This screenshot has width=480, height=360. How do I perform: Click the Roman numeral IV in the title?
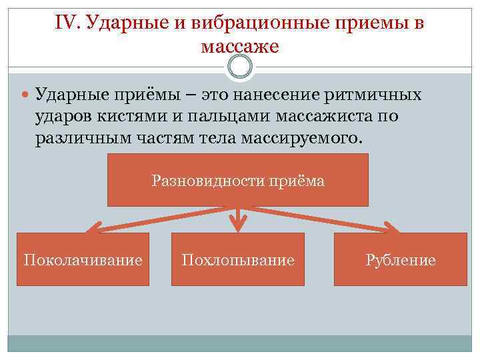[65, 23]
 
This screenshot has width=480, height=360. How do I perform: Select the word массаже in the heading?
[239, 47]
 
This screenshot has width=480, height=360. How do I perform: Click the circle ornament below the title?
[240, 66]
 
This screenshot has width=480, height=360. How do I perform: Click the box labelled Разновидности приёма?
[238, 180]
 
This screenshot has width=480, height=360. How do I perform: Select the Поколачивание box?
[83, 259]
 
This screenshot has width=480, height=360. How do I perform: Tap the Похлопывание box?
[238, 259]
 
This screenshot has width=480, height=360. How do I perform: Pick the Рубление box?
[400, 259]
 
